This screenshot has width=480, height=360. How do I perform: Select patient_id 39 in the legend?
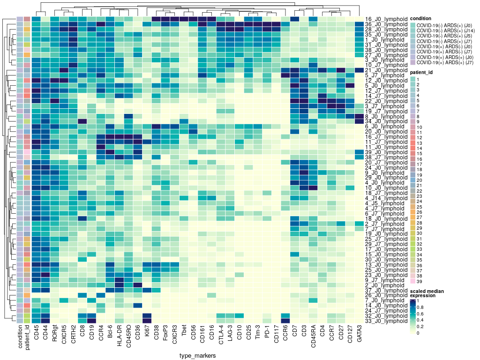(420, 281)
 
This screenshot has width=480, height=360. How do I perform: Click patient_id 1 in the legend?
(419, 80)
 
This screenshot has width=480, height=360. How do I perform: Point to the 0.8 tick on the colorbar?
(421, 307)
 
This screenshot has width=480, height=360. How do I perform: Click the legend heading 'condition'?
(421, 19)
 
